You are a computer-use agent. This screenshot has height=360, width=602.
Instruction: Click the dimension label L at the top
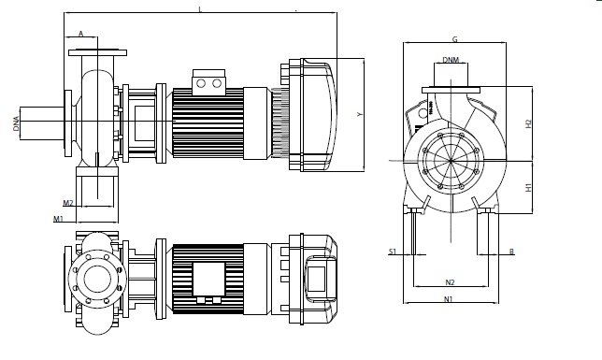pyautogui.click(x=200, y=9)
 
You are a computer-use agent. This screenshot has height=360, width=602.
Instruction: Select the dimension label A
pyautogui.click(x=81, y=34)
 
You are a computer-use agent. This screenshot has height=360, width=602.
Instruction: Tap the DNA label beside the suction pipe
pyautogui.click(x=16, y=123)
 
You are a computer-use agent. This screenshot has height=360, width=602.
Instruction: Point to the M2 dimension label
pyautogui.click(x=68, y=203)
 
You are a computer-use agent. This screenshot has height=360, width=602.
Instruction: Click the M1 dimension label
pyautogui.click(x=58, y=219)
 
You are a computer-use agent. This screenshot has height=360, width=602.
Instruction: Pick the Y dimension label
pyautogui.click(x=360, y=114)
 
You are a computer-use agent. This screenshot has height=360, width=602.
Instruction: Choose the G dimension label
pyautogui.click(x=455, y=39)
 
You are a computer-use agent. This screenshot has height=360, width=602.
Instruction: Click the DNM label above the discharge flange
pyautogui.click(x=451, y=60)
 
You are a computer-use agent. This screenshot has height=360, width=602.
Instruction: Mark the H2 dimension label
pyautogui.click(x=529, y=123)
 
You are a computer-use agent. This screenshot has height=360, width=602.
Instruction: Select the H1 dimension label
pyautogui.click(x=529, y=188)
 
